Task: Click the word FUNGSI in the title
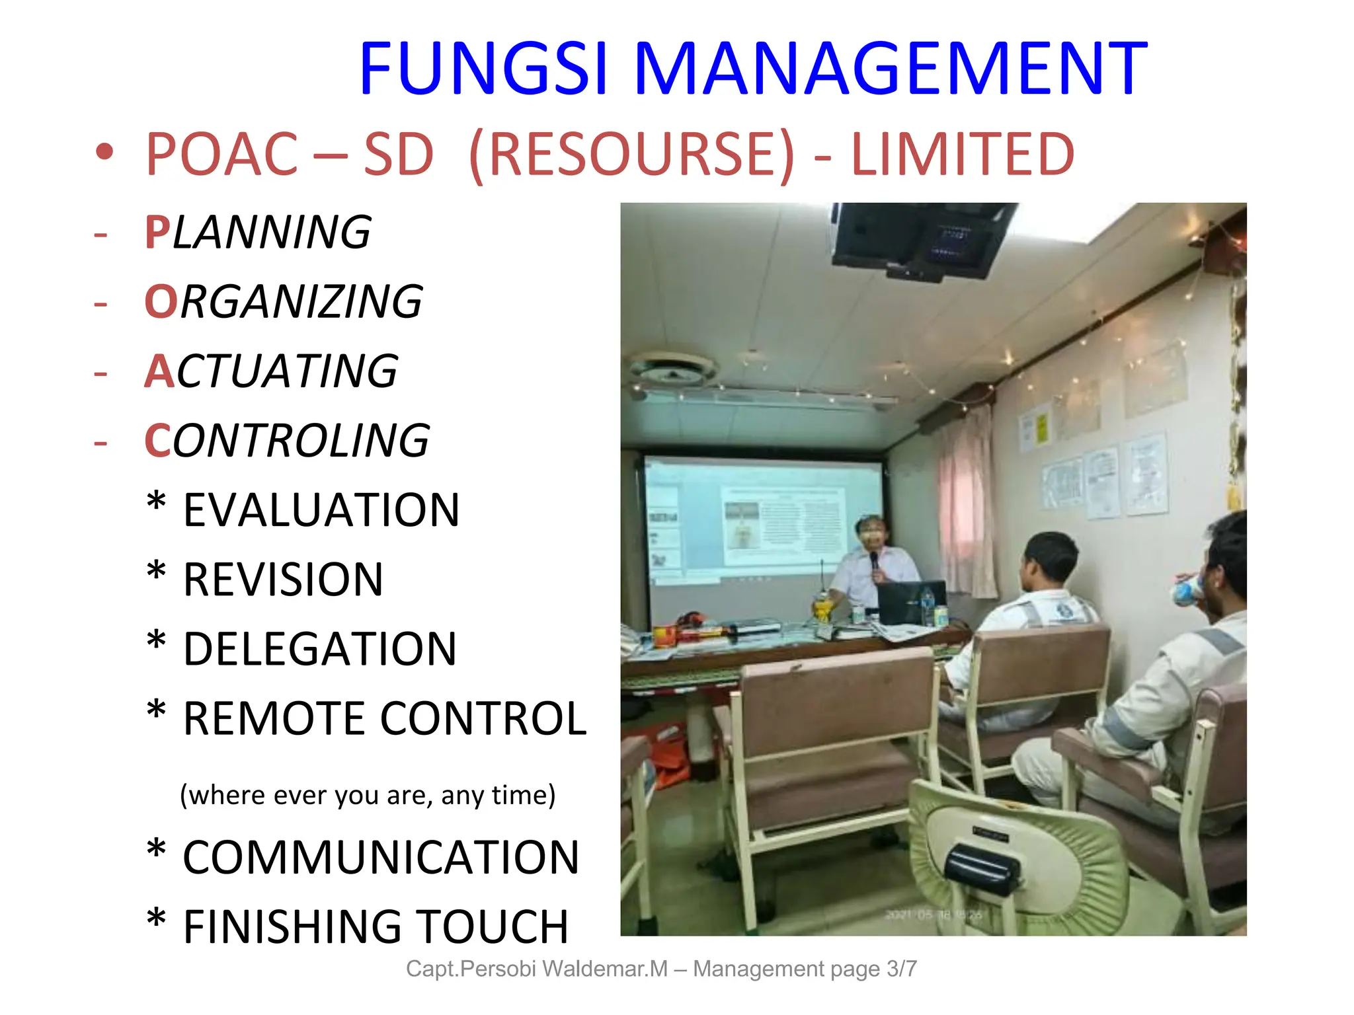coord(483,68)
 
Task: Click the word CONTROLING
coord(287,441)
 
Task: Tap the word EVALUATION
coord(321,510)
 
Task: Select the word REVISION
coord(283,580)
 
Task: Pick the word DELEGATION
coord(320,649)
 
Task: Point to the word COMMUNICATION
coord(381,858)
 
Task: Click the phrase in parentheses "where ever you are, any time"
coord(368,795)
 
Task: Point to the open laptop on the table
coord(910,601)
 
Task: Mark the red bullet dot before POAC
coord(104,153)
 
